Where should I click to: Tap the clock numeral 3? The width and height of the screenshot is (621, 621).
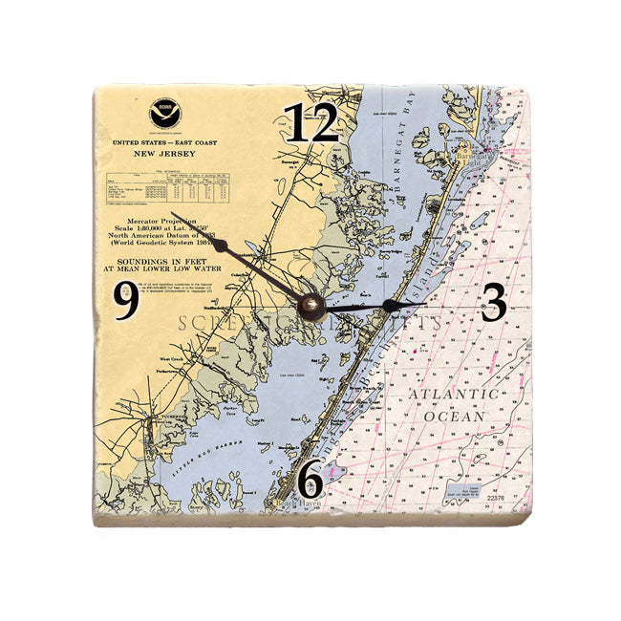[x=493, y=304]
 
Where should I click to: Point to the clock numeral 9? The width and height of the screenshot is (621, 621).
[x=126, y=303]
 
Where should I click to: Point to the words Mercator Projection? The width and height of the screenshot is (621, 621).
[x=163, y=221]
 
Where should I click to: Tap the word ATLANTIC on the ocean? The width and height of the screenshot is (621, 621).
[x=453, y=394]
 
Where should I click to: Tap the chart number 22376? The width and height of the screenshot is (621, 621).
[x=496, y=497]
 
